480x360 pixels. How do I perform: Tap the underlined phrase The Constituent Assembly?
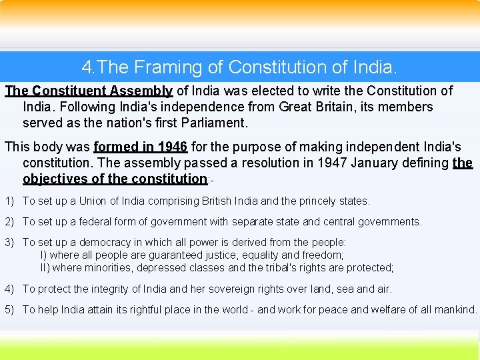point(89,91)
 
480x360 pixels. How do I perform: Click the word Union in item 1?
point(93,201)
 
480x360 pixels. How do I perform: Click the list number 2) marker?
point(10,221)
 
